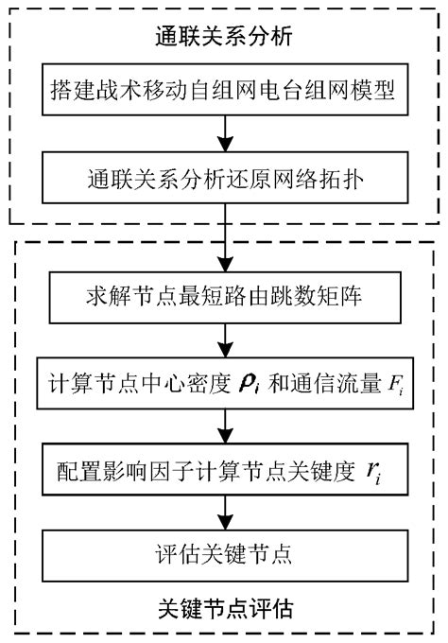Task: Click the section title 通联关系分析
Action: tap(224, 38)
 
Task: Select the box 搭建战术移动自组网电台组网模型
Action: tap(224, 93)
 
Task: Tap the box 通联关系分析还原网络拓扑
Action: tap(224, 178)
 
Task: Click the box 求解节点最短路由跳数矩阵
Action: tap(224, 301)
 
